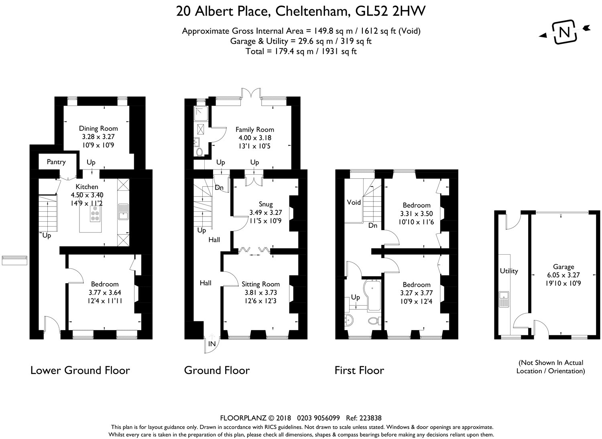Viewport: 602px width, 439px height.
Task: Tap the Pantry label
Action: click(56, 162)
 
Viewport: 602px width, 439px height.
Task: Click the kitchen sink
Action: click(123, 212)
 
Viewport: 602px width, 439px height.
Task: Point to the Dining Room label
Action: click(98, 128)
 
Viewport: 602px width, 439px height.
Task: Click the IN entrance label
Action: click(212, 344)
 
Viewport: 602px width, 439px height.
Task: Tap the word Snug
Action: click(266, 204)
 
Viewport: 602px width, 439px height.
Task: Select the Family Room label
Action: click(255, 130)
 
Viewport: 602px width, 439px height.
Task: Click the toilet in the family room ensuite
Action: click(199, 152)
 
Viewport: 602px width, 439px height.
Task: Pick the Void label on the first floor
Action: click(354, 202)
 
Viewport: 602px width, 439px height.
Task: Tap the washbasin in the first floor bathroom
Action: click(349, 320)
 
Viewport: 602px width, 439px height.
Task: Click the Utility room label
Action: click(509, 271)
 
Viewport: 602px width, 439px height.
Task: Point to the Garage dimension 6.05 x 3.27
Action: click(563, 275)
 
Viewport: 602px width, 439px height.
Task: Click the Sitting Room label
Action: click(261, 284)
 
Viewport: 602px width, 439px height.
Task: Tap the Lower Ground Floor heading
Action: click(80, 370)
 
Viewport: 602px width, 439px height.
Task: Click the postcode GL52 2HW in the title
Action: click(390, 12)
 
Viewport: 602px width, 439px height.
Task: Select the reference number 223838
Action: click(370, 418)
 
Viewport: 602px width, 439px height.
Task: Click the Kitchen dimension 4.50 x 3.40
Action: click(87, 195)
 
